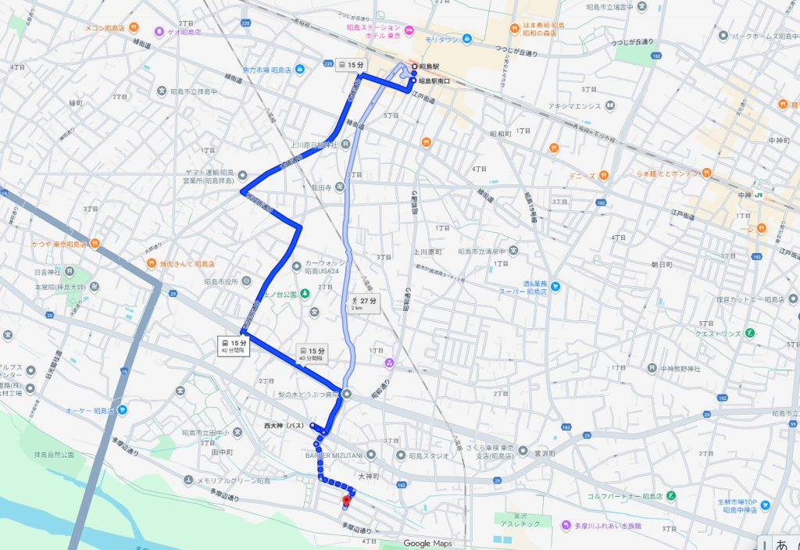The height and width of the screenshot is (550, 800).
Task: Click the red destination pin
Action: click(x=347, y=500)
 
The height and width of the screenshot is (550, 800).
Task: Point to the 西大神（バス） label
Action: click(x=284, y=426)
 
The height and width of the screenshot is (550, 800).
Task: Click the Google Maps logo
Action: click(x=427, y=543)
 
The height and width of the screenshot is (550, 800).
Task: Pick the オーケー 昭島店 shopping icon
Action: click(x=122, y=410)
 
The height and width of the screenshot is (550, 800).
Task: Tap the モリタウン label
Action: click(x=441, y=38)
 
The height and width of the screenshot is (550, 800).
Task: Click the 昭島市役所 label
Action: click(x=221, y=281)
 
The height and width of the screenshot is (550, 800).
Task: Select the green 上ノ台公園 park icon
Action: click(x=305, y=294)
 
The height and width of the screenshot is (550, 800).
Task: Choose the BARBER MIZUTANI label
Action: click(x=334, y=455)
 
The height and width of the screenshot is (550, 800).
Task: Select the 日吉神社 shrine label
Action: click(x=48, y=273)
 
